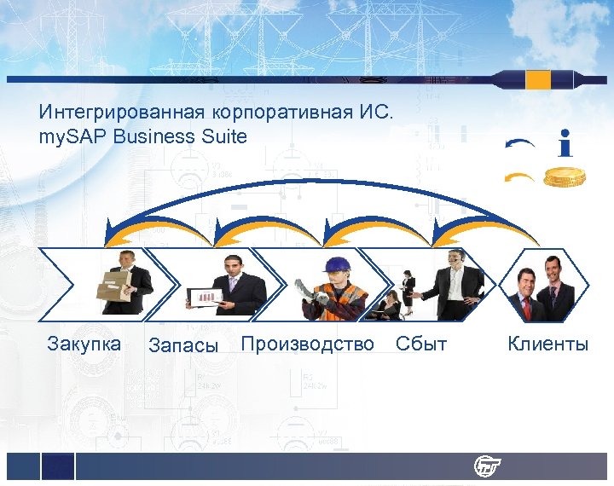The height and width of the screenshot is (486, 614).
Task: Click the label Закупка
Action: click(84, 344)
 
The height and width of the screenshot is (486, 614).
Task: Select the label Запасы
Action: click(183, 345)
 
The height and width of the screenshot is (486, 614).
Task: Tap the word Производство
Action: click(308, 344)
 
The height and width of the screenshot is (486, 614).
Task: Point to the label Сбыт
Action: click(421, 344)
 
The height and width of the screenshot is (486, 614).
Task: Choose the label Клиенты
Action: click(547, 344)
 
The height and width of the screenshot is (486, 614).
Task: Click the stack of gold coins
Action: click(565, 177)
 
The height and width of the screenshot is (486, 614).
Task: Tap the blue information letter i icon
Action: click(565, 143)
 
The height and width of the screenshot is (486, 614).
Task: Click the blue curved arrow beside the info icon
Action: click(519, 145)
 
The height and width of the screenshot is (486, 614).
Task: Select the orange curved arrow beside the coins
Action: click(519, 177)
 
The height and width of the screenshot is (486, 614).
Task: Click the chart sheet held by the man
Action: click(206, 296)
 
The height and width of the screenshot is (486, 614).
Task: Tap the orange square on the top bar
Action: click(538, 80)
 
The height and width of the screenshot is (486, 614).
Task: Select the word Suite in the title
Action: click(223, 136)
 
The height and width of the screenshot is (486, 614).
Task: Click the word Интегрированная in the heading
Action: click(114, 112)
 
